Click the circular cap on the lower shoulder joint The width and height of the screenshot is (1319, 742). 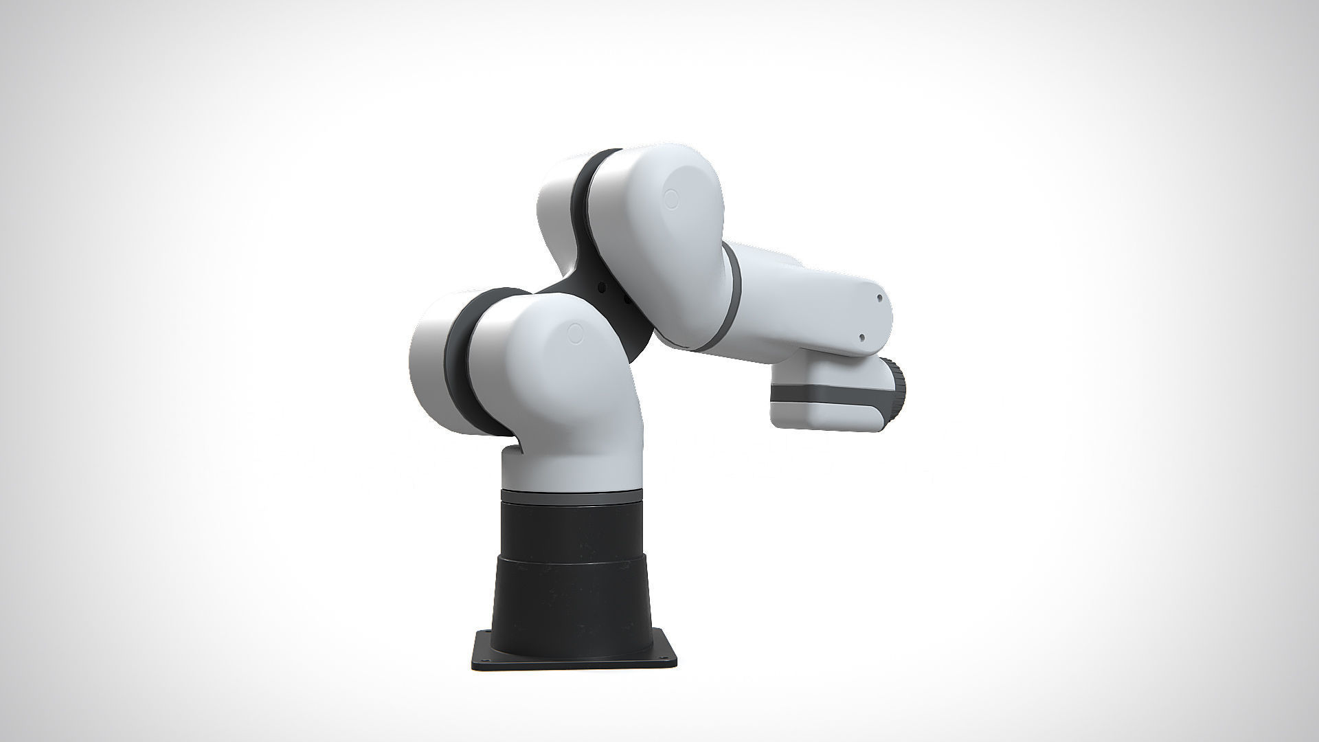(x=576, y=335)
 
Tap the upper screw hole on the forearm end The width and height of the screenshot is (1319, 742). (x=880, y=299)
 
